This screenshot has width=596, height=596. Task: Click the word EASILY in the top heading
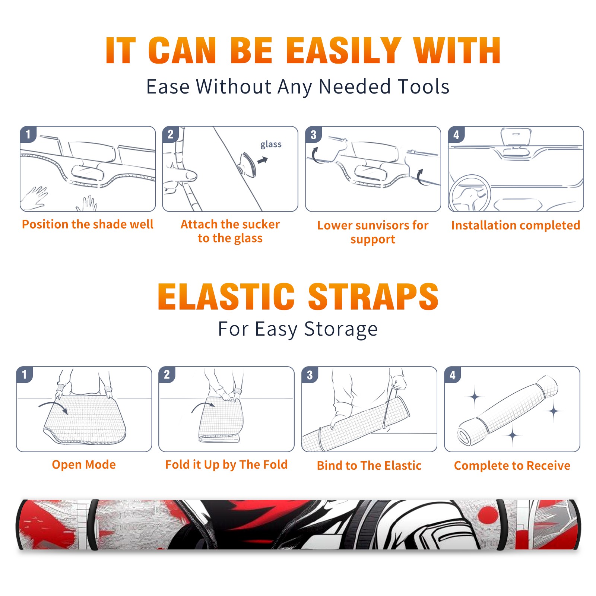343,51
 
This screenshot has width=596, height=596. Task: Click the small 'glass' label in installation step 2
271,145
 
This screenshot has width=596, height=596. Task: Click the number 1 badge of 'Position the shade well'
28,134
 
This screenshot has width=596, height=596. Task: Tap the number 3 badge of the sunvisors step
313,134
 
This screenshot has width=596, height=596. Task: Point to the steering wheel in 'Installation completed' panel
470,193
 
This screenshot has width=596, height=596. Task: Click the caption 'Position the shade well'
88,224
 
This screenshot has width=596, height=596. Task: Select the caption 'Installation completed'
516,225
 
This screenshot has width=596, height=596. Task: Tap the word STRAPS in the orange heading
373,297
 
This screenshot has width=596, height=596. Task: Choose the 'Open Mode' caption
84,465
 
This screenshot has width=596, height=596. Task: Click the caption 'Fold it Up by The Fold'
226,465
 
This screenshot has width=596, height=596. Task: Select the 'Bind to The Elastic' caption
369,466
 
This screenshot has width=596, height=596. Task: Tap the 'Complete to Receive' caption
512,466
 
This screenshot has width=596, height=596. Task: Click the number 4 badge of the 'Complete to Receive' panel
453,374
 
